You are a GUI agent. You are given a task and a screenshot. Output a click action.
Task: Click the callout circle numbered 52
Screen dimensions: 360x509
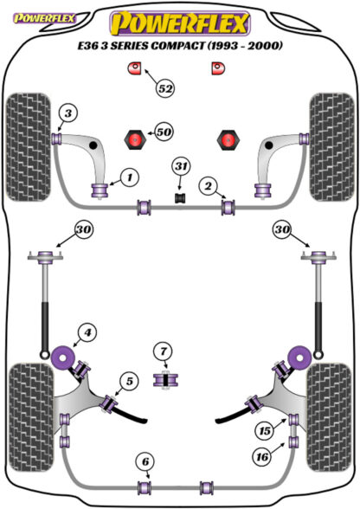[x=165, y=88]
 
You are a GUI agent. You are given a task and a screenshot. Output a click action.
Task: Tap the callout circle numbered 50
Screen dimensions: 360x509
[x=164, y=132]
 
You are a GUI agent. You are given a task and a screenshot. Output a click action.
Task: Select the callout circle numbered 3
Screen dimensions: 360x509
[x=68, y=114]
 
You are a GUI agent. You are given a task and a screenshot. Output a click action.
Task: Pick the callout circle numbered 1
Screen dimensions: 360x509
[x=130, y=177]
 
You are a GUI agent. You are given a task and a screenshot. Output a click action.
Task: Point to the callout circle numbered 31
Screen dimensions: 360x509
[x=181, y=166]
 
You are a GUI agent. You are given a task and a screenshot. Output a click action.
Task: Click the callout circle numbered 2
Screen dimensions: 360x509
[x=208, y=186]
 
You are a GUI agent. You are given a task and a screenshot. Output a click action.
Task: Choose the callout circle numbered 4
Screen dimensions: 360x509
[x=87, y=332]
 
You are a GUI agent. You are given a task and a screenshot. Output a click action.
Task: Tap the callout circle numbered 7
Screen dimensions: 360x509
[x=164, y=351]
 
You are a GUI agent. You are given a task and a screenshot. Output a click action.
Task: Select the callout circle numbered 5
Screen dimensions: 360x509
[x=130, y=381]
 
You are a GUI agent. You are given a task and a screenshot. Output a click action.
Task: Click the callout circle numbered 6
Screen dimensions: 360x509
[x=145, y=461]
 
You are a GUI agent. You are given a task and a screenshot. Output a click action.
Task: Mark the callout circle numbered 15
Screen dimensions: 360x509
[x=265, y=431]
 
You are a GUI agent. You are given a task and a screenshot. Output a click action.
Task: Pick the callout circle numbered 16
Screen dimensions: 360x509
[x=262, y=457]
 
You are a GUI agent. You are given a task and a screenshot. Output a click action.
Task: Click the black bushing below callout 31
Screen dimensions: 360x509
[x=181, y=198]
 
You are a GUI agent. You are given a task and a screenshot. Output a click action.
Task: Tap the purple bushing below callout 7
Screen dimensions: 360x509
[x=165, y=380]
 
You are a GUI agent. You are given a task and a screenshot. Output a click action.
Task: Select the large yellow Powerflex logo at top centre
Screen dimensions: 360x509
[x=180, y=23]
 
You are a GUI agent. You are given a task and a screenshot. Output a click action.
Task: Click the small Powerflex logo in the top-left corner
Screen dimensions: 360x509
[x=44, y=18]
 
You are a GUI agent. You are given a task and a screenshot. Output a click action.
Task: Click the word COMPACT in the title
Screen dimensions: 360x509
[x=178, y=45]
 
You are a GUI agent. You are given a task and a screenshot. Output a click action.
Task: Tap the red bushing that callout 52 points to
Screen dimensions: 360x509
[x=133, y=68]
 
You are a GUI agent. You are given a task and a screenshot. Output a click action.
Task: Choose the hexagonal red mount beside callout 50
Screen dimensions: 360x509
[x=135, y=139]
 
